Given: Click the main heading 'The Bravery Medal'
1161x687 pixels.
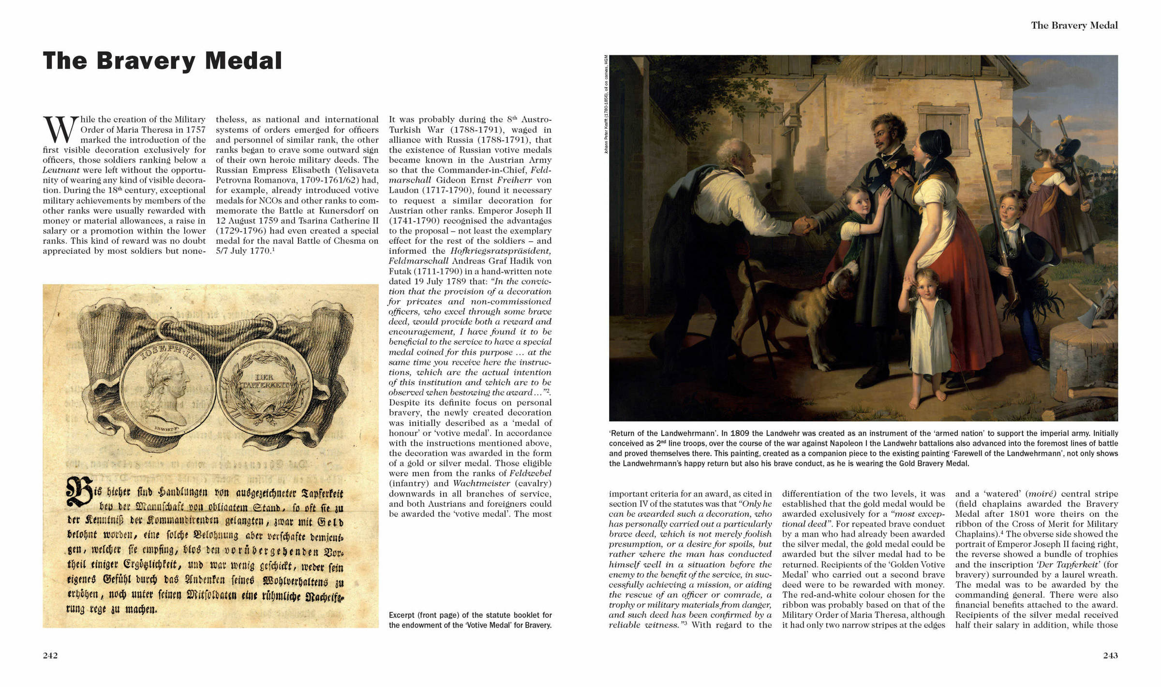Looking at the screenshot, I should point(162,61).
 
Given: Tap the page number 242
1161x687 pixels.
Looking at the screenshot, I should point(50,656).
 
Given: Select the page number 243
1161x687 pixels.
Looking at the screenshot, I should point(1110,656).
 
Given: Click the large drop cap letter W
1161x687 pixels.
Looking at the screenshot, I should point(60,130).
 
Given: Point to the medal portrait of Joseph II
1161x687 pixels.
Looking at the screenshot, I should point(167,388).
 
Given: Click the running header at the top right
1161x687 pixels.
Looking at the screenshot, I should point(1074,25).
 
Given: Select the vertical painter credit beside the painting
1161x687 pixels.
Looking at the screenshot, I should point(606,104).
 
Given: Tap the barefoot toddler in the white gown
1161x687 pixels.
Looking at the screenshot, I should point(925,334).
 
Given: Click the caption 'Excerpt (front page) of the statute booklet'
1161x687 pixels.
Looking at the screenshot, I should point(470,620).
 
